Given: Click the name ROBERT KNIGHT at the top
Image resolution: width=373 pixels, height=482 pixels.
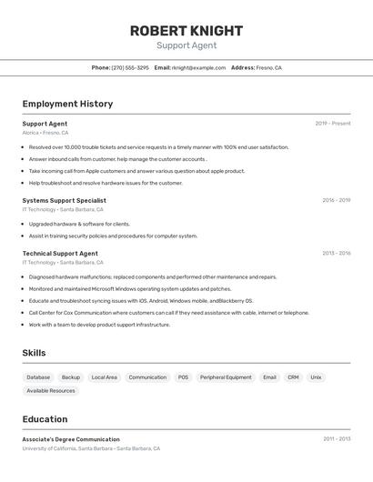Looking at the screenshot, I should (186, 30).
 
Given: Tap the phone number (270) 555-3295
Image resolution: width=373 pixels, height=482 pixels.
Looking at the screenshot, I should (130, 67).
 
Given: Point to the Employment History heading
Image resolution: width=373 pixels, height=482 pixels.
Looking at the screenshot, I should (67, 104).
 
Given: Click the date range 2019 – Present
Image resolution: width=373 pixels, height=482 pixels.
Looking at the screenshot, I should (333, 124).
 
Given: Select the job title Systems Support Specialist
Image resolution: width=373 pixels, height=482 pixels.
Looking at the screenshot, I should (64, 200).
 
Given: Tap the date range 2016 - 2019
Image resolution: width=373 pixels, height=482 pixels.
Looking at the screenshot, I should (336, 200).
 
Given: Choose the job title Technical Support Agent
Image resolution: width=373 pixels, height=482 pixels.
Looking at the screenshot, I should (60, 254).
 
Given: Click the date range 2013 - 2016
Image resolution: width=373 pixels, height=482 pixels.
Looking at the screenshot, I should (336, 254).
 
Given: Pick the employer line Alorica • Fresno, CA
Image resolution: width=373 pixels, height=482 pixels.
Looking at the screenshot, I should (45, 133).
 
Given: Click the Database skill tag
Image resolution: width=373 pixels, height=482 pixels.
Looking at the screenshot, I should (38, 377).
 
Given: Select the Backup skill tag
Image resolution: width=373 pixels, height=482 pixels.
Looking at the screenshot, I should (71, 377).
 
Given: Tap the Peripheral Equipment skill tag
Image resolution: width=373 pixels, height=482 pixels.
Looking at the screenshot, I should (226, 377).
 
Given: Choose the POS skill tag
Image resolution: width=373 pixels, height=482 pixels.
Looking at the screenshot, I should (183, 377).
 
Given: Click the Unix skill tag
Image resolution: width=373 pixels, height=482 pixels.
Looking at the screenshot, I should (316, 377).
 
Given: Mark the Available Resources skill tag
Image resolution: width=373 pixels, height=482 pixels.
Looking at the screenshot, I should (51, 391).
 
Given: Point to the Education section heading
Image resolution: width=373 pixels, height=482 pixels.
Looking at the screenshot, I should (45, 419).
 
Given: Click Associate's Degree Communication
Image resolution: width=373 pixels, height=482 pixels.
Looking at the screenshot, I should (71, 439).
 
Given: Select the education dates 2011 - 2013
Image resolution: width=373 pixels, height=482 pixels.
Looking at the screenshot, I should (337, 439).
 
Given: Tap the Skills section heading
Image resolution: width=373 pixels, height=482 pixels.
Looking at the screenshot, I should (34, 353).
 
